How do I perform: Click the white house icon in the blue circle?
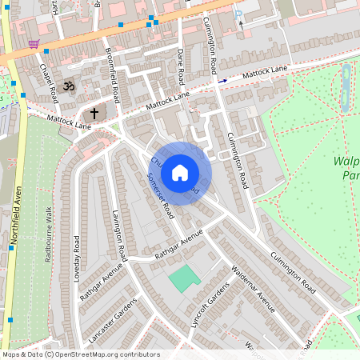(180, 173)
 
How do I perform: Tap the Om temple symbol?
(69, 85)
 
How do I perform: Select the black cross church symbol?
(94, 114)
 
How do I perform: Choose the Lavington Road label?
(119, 237)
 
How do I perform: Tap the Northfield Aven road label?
(15, 217)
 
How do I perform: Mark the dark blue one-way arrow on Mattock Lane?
(222, 81)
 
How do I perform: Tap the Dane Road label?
(182, 67)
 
